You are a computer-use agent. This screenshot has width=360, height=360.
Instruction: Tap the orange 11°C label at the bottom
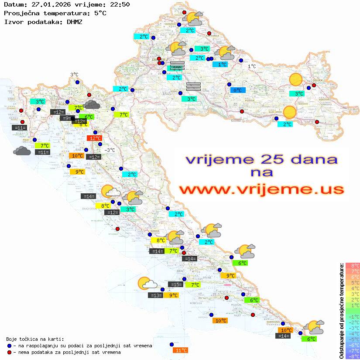point(181,350)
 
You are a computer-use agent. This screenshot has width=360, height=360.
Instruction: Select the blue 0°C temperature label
point(238,90)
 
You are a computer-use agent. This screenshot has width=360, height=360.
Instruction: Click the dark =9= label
point(66,118)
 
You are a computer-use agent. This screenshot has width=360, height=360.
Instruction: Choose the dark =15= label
point(176,285)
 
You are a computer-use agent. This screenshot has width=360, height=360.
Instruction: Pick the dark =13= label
point(156,295)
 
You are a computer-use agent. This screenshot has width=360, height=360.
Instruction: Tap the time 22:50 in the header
point(119,4)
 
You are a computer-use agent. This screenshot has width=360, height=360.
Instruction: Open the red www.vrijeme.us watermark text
point(261,189)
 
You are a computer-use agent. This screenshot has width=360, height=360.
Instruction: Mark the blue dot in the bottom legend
point(10,346)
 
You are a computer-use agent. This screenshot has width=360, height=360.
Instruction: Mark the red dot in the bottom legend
point(10,352)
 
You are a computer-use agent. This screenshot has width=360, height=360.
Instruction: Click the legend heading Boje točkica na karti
point(35,339)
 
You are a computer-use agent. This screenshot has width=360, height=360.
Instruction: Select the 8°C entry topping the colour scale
point(353,266)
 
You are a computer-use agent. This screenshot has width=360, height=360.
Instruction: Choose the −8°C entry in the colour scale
point(352,357)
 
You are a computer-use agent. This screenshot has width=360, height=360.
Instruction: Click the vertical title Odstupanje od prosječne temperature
point(341,311)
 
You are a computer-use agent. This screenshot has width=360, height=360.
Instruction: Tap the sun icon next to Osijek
point(296,80)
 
